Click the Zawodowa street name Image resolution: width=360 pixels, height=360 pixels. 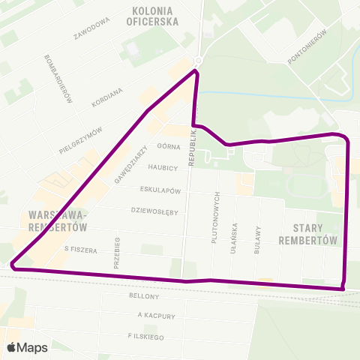93,28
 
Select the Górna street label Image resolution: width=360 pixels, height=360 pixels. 166,147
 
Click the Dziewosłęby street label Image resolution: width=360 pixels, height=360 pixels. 154,211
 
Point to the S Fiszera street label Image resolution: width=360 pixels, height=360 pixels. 82,249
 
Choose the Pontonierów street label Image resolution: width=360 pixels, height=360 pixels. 308,46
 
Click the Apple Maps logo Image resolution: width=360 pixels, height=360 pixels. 27,347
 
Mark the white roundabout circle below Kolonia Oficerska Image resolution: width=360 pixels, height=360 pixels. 198,60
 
